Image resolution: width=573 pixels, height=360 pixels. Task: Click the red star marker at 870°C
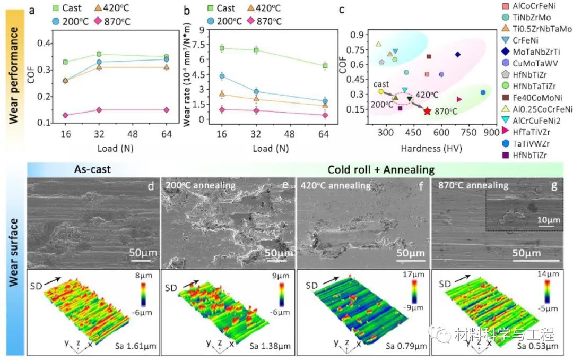[428, 111]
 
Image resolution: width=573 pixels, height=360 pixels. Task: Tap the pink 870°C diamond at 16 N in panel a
[65, 115]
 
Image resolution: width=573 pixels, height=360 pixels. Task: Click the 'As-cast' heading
[94, 170]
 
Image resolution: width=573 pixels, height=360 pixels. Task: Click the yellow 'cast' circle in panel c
[381, 92]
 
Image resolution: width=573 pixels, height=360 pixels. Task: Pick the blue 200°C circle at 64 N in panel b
[325, 101]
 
